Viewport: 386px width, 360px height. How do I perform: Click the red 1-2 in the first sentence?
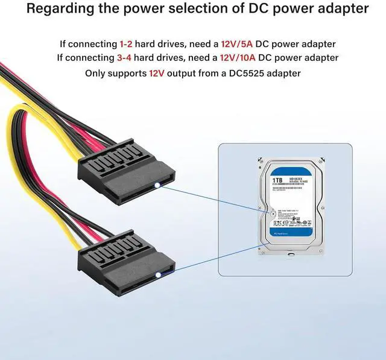[x=127, y=44]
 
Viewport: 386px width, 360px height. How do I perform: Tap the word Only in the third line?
[x=97, y=73]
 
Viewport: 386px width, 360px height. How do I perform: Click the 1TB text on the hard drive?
[x=277, y=180]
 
